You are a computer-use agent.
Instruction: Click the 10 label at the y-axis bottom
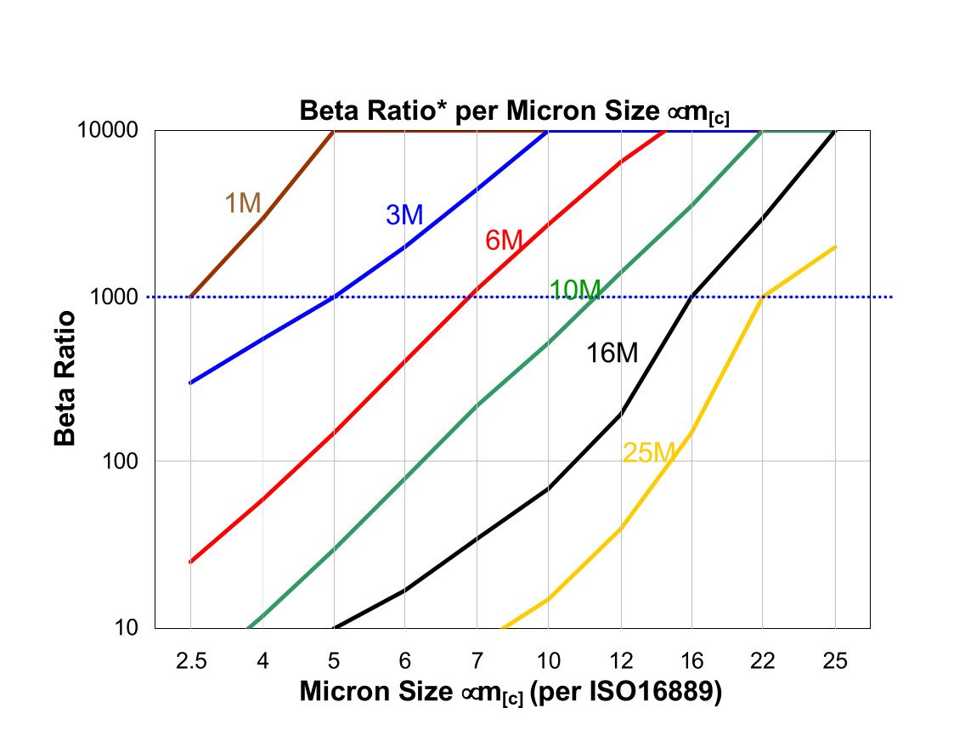pyautogui.click(x=133, y=628)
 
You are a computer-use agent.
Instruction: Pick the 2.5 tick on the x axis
pyautogui.click(x=190, y=660)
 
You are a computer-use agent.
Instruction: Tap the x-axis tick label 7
pyautogui.click(x=477, y=660)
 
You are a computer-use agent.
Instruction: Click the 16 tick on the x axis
pyautogui.click(x=691, y=660)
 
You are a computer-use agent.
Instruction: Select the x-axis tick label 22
pyautogui.click(x=763, y=660)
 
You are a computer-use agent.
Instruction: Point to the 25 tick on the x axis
pyautogui.click(x=834, y=660)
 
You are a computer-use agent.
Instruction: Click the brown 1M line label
pyautogui.click(x=242, y=202)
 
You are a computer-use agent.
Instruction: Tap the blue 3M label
pyautogui.click(x=404, y=216)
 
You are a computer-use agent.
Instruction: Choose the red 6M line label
pyautogui.click(x=504, y=241)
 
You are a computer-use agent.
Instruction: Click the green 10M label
pyautogui.click(x=575, y=290)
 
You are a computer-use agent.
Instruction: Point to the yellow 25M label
pyautogui.click(x=648, y=453)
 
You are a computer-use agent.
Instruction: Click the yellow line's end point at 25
pyautogui.click(x=836, y=247)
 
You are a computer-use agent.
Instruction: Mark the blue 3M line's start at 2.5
pyautogui.click(x=190, y=382)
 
